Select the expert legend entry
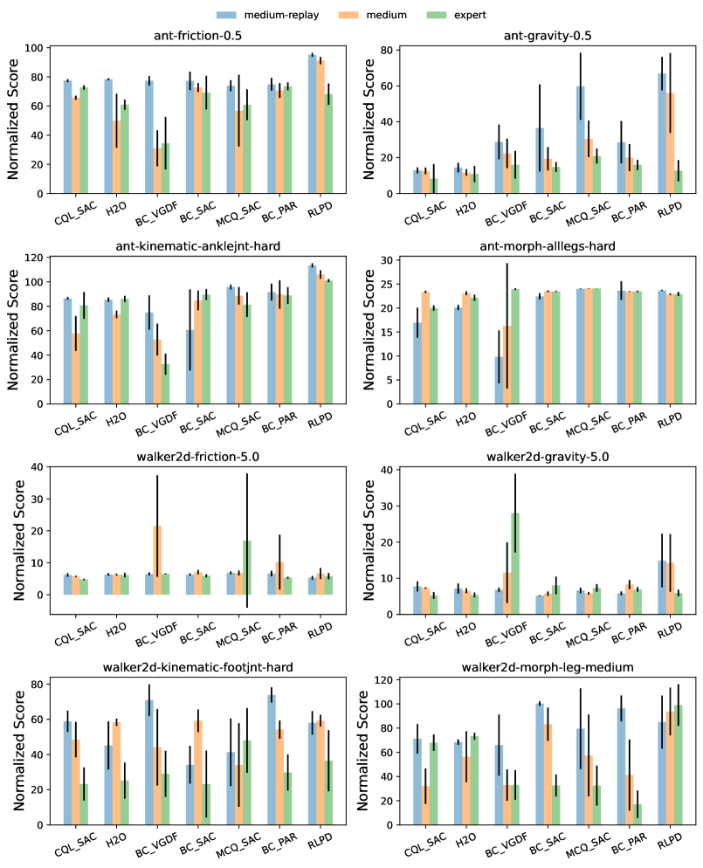(458, 15)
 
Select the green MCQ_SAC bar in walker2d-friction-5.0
(247, 568)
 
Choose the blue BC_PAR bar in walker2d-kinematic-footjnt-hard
(271, 760)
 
